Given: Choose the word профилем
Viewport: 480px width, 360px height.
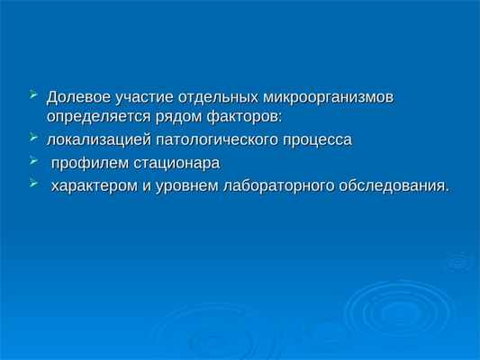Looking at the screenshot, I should [x=85, y=165].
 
